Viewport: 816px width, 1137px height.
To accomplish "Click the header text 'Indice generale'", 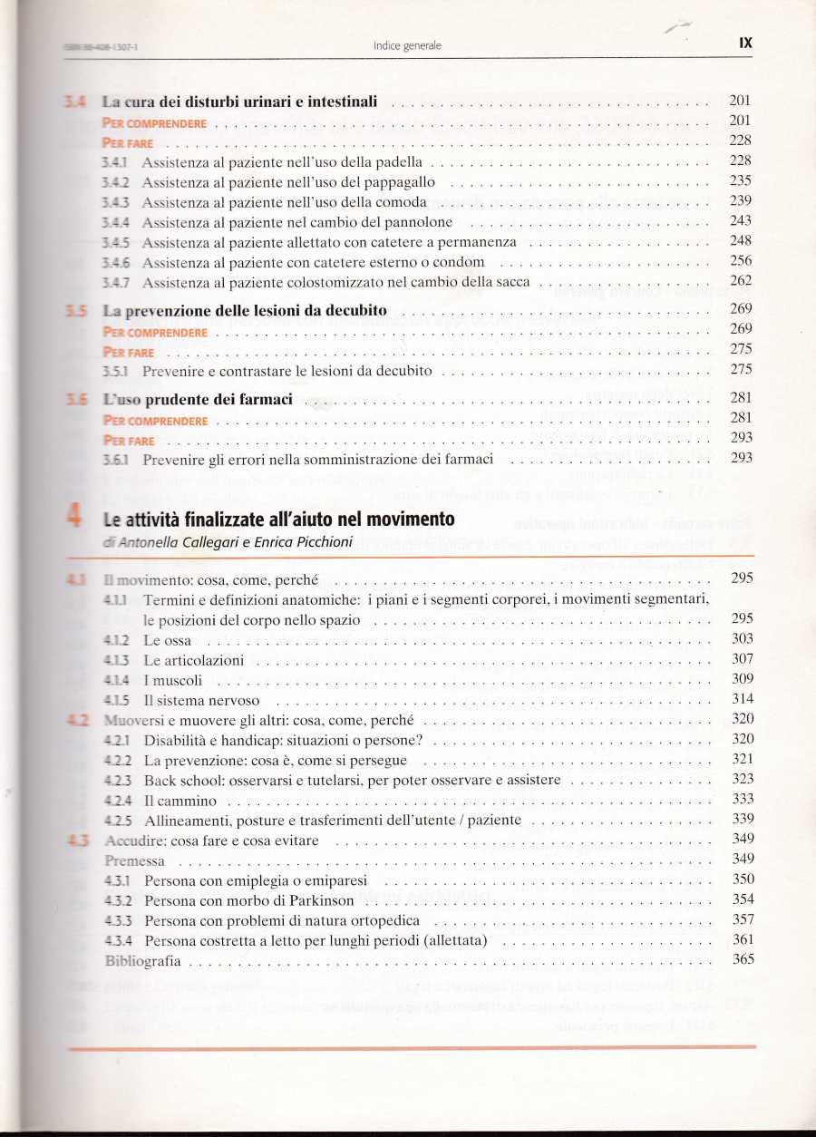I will [407, 45].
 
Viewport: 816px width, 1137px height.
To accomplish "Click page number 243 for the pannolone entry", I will [741, 220].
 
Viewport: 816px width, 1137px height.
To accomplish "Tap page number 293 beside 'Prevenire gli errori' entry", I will [741, 458].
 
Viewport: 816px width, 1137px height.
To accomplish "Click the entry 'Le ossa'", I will [168, 639].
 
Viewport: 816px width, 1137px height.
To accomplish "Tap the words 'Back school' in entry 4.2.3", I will [177, 779].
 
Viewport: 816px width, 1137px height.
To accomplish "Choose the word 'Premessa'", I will [135, 860].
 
